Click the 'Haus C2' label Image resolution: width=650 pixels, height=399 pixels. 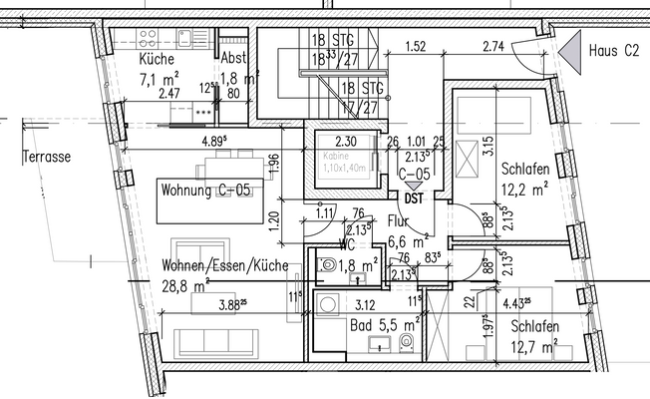pyautogui.click(x=615, y=49)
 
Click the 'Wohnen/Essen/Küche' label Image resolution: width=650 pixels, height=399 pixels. pyautogui.click(x=224, y=266)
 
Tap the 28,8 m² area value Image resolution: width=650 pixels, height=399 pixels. pyautogui.click(x=185, y=285)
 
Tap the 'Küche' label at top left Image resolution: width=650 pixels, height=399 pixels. pyautogui.click(x=157, y=58)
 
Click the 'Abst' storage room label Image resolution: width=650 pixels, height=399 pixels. pyautogui.click(x=233, y=58)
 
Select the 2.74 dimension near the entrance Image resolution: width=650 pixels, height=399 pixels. pyautogui.click(x=493, y=47)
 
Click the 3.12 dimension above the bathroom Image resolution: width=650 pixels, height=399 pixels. pyautogui.click(x=365, y=307)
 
